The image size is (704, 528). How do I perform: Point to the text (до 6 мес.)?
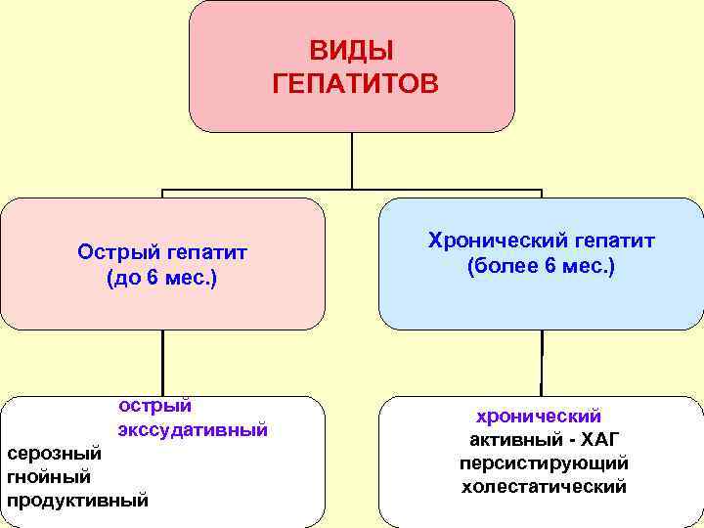point(162,279)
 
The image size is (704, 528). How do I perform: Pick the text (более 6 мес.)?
point(541,266)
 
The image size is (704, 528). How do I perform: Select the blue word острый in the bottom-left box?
point(154,406)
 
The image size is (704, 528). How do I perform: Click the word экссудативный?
point(193,430)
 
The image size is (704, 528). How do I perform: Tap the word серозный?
point(54,454)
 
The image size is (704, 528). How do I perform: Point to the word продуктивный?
point(78,501)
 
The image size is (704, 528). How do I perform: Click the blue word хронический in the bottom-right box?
point(539,417)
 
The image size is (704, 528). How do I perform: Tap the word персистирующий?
point(544,462)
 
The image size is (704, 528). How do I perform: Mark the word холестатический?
point(544,486)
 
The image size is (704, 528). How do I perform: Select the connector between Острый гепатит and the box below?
point(162,362)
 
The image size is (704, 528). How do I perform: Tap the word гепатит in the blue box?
point(616,241)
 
